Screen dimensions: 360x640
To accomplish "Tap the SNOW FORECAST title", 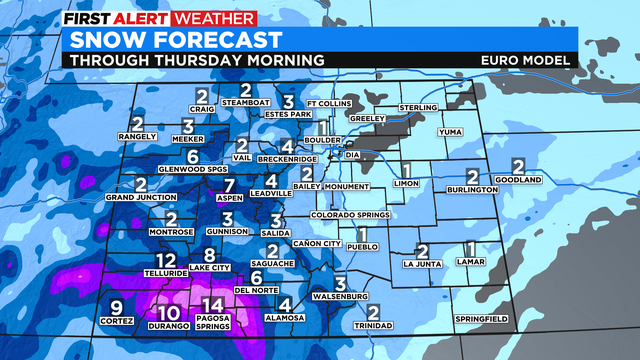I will tap(170, 39).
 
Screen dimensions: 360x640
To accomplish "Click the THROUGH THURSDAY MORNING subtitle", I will tap(192, 60).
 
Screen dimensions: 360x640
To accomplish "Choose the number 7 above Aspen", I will tap(230, 185).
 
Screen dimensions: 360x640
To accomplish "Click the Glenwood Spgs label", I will tap(193, 169).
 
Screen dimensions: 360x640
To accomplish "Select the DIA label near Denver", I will tap(351, 155).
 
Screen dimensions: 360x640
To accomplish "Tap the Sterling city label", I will tap(418, 106).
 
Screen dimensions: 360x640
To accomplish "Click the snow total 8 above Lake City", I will tap(210, 255).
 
